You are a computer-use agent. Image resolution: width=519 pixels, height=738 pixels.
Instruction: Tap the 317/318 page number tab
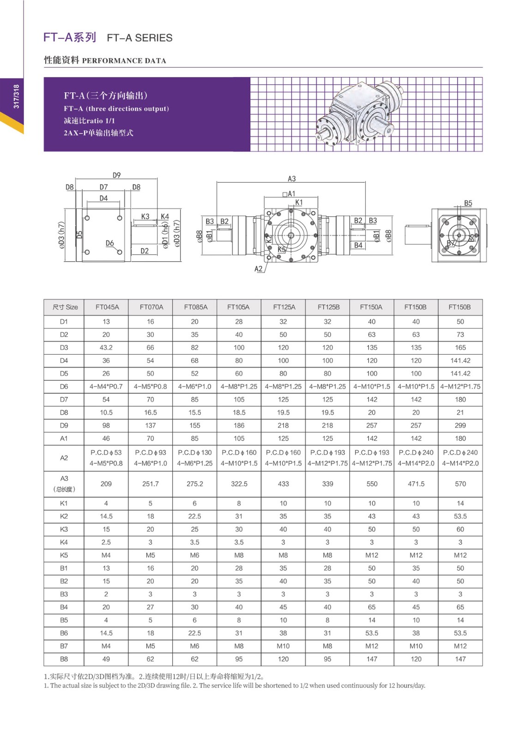[17, 96]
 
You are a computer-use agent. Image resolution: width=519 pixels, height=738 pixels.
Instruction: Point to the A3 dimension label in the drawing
[291, 179]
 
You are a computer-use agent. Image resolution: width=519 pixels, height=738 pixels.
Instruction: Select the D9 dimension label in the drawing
[116, 175]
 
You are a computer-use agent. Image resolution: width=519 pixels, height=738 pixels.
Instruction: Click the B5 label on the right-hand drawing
[468, 203]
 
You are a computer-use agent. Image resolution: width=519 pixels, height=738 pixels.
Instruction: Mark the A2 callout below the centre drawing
[258, 268]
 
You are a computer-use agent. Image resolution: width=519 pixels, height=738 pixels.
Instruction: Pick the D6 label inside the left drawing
[109, 243]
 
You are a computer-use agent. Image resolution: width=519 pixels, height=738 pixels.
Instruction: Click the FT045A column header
[107, 307]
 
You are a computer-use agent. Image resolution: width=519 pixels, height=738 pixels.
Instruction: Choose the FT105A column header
[239, 307]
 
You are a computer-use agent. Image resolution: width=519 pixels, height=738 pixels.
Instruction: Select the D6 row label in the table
[64, 387]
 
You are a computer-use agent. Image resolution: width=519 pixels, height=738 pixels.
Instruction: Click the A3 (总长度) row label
[64, 484]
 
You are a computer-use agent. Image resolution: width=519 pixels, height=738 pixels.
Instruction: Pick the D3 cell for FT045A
[106, 348]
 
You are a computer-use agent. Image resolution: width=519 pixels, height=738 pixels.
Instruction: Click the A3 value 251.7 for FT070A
[151, 484]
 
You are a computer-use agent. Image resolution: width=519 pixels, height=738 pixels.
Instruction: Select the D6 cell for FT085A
[194, 387]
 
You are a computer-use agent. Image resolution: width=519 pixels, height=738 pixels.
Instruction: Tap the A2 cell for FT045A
[106, 458]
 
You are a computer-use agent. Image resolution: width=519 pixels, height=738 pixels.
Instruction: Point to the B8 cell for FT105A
[239, 659]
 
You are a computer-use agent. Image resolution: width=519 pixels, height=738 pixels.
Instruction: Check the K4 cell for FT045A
[106, 542]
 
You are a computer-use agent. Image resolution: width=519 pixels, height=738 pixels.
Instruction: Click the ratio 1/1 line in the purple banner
[90, 121]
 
